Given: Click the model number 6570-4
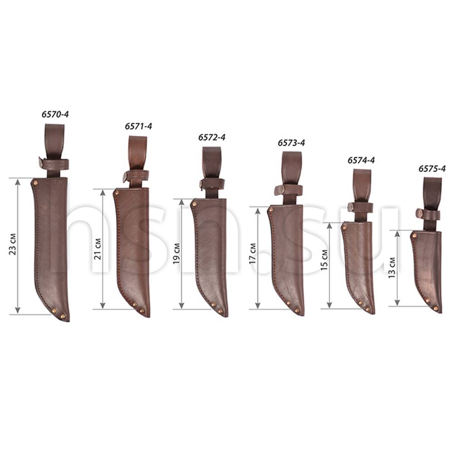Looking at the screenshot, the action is coord(55,115).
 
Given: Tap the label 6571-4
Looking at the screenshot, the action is coord(138,126).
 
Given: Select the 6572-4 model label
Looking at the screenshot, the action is coord(212,137).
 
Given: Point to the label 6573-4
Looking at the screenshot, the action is coord(291,143).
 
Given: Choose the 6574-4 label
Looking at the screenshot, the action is coord(361,160).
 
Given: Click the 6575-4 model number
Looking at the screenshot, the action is coord(432,169).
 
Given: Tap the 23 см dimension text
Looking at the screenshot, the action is coord(13,244).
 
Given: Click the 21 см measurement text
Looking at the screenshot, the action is coord(98,248).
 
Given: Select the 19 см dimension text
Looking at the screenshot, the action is coord(177,253).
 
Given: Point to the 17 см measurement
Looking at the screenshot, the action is coord(253,253).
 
